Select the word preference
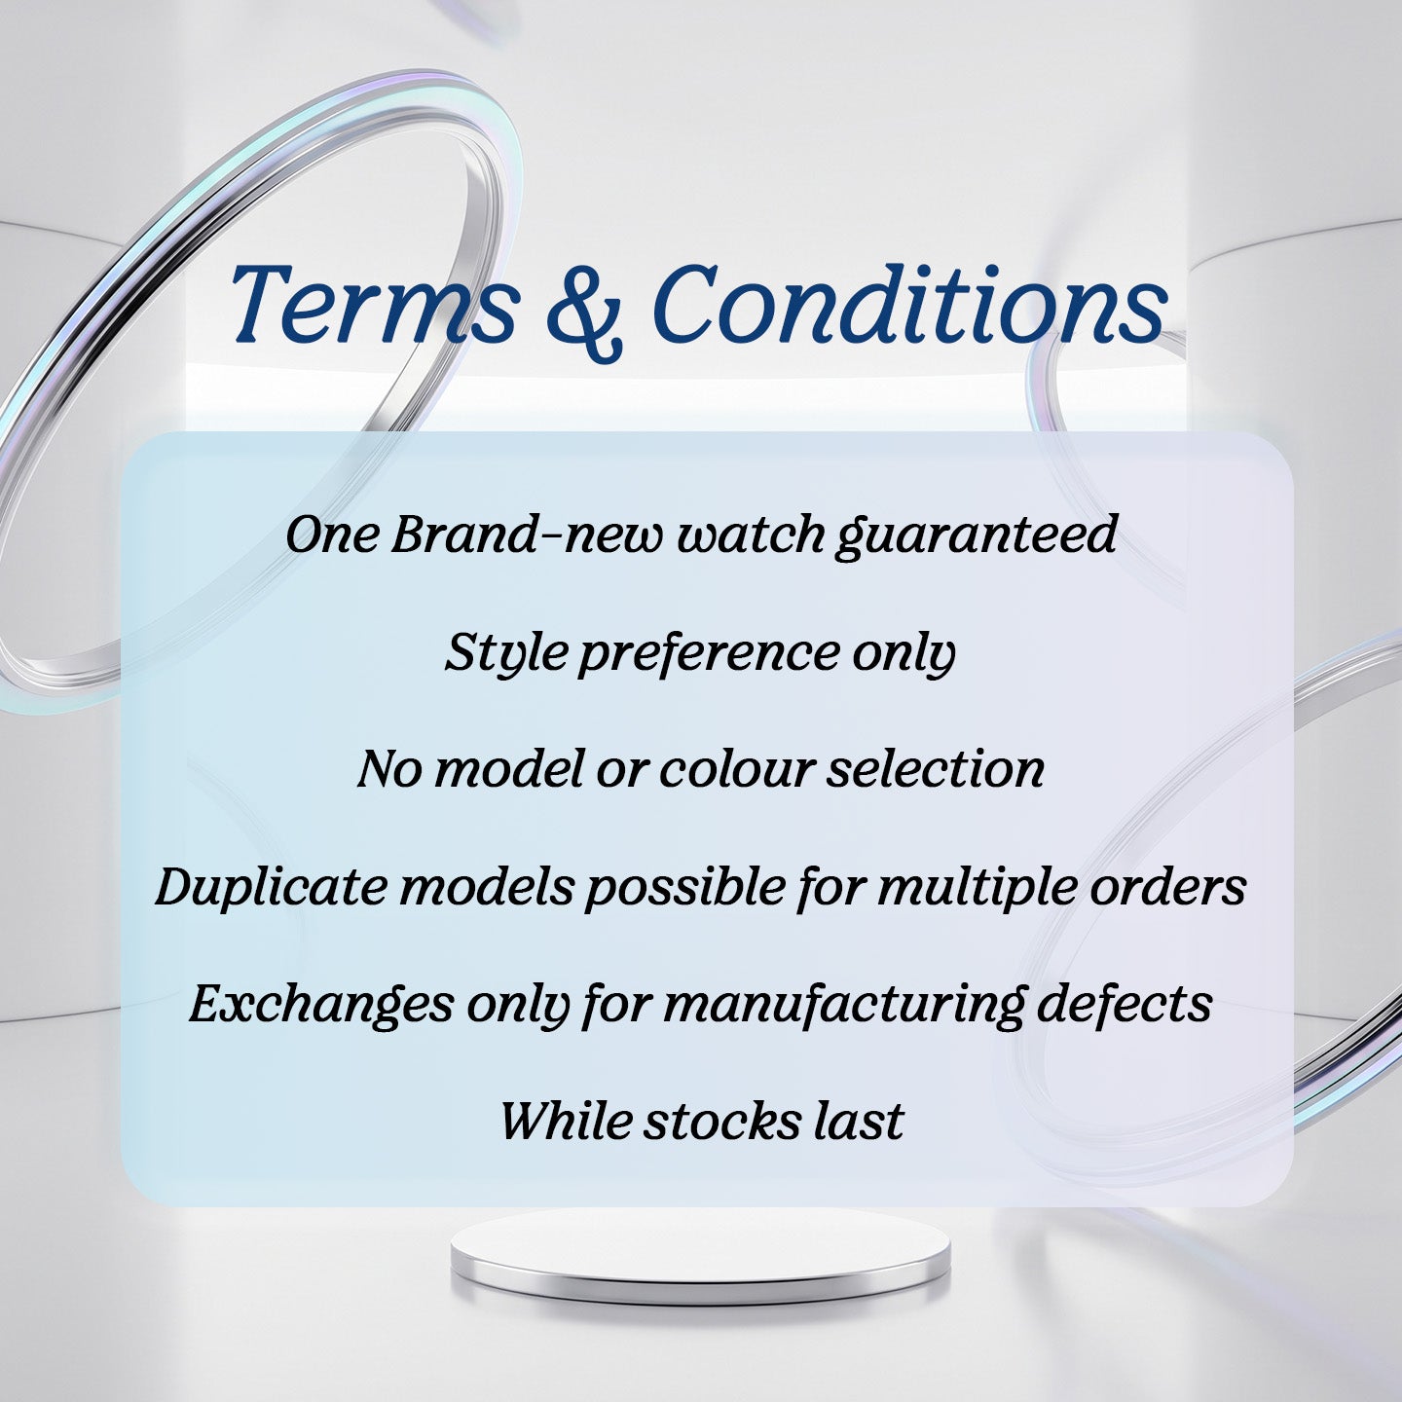(709, 656)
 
